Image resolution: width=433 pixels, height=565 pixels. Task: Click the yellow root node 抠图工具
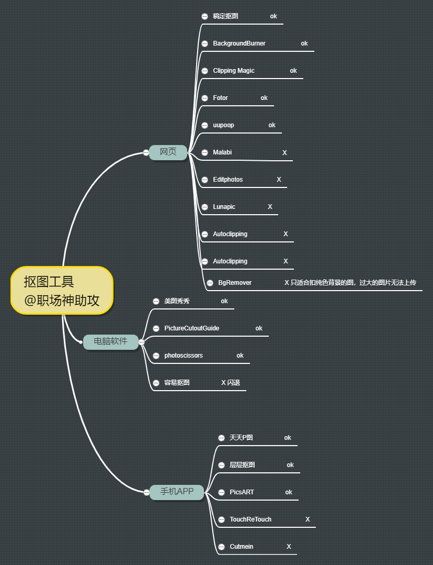[62, 290]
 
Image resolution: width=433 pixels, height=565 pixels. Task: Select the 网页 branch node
[168, 152]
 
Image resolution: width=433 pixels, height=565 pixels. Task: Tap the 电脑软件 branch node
[110, 341]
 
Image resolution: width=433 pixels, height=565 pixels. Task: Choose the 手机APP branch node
[177, 492]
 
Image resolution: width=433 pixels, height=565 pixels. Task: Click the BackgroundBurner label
[239, 43]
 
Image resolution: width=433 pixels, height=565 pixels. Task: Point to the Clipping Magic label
[234, 71]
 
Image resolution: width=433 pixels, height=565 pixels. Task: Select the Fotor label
[220, 98]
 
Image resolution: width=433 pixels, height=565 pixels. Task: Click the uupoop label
[223, 125]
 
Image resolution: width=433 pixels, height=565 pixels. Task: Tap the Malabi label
[222, 152]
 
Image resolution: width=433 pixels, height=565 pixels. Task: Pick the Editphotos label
[228, 180]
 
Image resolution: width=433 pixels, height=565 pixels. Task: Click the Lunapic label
[224, 207]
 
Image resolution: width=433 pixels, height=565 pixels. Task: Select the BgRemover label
[235, 283]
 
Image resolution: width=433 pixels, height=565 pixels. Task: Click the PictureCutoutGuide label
[191, 328]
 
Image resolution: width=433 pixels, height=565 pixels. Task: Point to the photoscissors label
[184, 356]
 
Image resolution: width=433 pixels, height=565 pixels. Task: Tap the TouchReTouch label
[250, 519]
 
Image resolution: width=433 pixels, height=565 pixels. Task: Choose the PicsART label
[242, 492]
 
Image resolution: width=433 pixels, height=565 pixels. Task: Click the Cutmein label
[241, 547]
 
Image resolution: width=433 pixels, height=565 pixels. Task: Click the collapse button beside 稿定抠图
[204, 16]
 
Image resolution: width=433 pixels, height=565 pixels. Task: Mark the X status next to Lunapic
[270, 207]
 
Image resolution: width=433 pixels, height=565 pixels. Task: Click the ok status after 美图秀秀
[224, 301]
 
